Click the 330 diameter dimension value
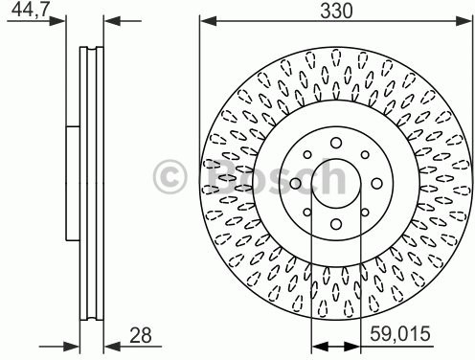pyautogui.click(x=336, y=11)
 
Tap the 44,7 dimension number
pyautogui.click(x=31, y=10)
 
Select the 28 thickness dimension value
pyautogui.click(x=141, y=335)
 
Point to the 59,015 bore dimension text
pyautogui.click(x=400, y=334)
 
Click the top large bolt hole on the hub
pyautogui.click(x=336, y=143)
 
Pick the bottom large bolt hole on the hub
pyautogui.click(x=336, y=224)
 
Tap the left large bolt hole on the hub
pyautogui.click(x=296, y=184)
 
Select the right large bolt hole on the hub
pyautogui.click(x=376, y=183)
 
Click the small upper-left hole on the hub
pyautogui.click(x=307, y=155)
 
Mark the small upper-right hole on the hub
pyautogui.click(x=365, y=155)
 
